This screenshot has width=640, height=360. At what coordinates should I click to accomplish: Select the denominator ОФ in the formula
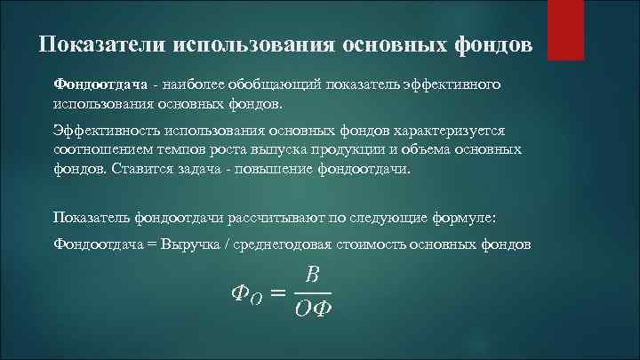312,310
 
